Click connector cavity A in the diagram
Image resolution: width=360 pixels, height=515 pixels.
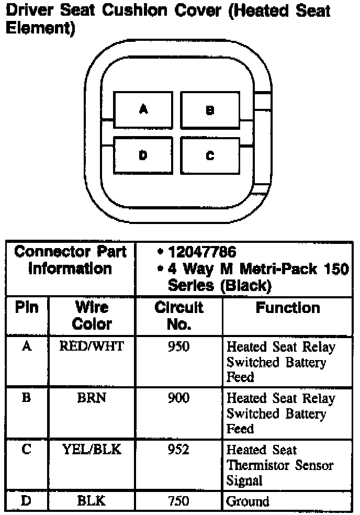pyautogui.click(x=143, y=109)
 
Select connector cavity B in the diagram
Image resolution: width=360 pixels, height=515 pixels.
pyautogui.click(x=210, y=110)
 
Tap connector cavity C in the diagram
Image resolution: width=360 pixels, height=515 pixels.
pyautogui.click(x=210, y=155)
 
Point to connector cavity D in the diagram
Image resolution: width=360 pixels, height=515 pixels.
pyautogui.click(x=143, y=155)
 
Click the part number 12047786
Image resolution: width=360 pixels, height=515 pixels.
pyautogui.click(x=202, y=252)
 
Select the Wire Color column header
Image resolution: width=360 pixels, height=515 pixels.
pyautogui.click(x=92, y=316)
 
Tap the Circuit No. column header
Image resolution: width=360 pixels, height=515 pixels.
pyautogui.click(x=178, y=316)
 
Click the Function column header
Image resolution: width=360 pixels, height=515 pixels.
pyautogui.click(x=287, y=308)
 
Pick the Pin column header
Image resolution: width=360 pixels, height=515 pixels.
pyautogui.click(x=27, y=308)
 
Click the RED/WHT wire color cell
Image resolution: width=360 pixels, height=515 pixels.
pyautogui.click(x=92, y=346)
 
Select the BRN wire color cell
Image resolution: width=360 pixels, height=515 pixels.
pyautogui.click(x=92, y=398)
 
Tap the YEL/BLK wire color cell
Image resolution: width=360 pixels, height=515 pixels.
pyautogui.click(x=92, y=450)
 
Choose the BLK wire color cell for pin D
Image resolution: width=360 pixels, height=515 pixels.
pyautogui.click(x=92, y=501)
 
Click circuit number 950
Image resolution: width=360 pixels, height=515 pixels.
pyautogui.click(x=178, y=346)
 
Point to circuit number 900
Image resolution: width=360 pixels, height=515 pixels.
pyautogui.click(x=178, y=398)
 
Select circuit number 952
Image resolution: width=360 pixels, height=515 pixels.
pyautogui.click(x=178, y=450)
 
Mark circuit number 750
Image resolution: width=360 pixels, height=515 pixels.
pyautogui.click(x=178, y=501)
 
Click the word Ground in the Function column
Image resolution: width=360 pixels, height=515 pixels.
pyautogui.click(x=248, y=501)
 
